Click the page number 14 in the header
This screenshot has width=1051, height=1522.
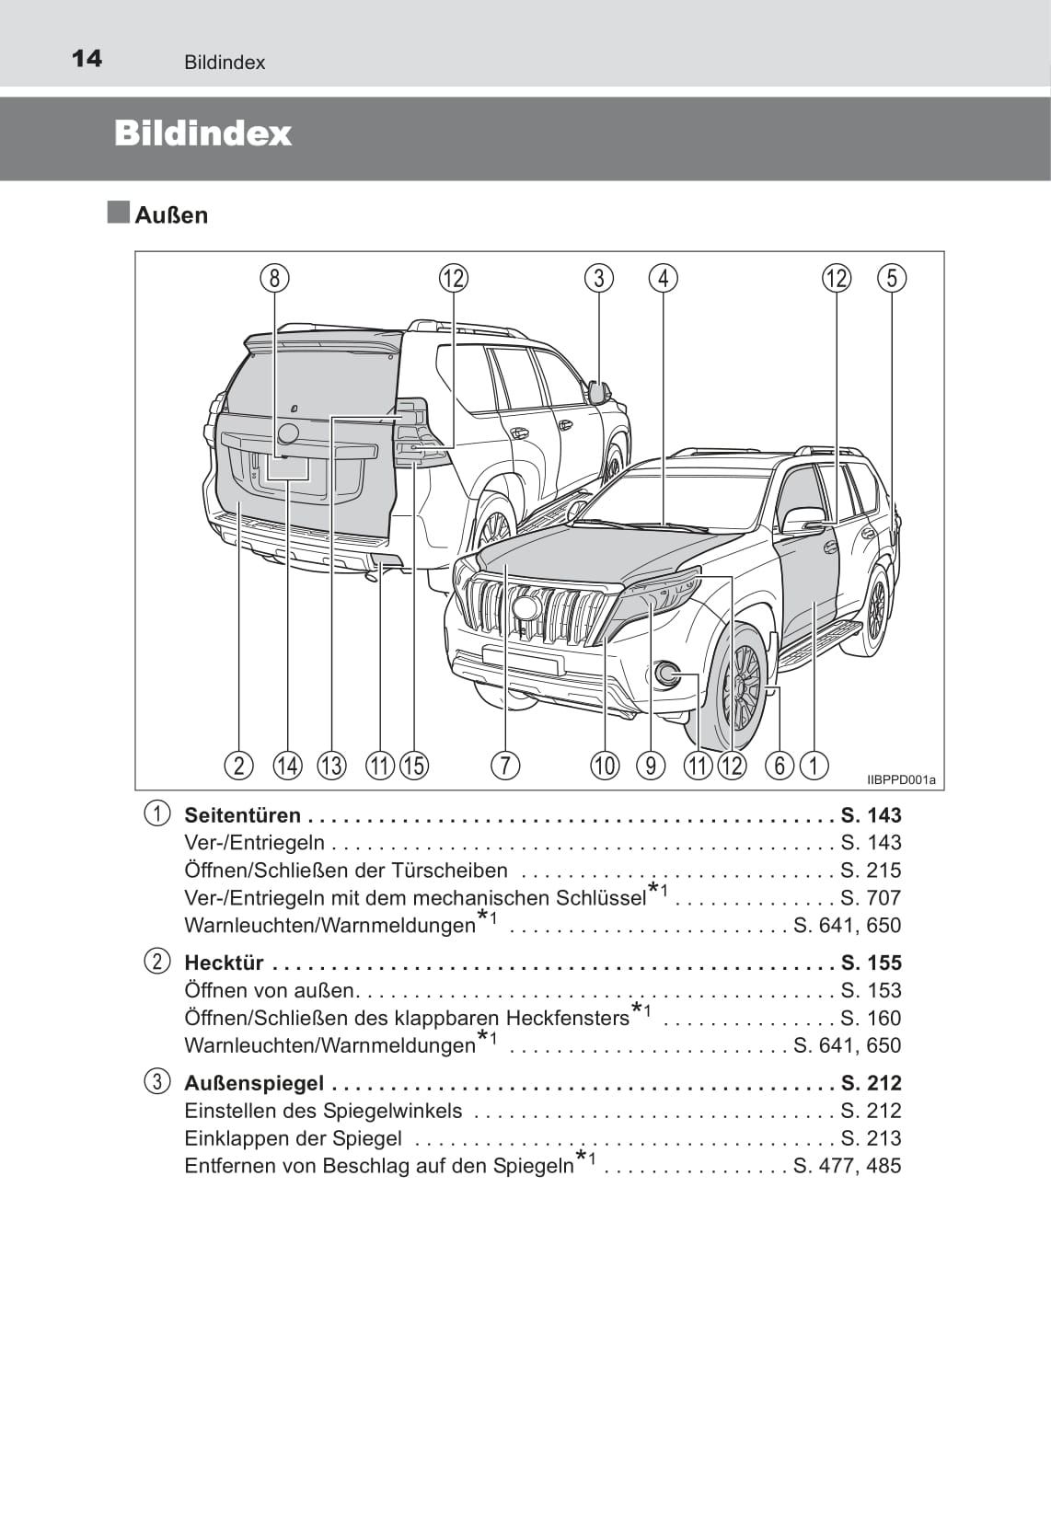tap(87, 59)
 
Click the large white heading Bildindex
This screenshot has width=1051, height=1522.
tap(202, 133)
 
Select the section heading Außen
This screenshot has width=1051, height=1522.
tap(171, 215)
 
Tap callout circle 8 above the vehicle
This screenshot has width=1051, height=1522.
tap(274, 278)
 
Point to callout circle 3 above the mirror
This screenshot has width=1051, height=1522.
tap(599, 278)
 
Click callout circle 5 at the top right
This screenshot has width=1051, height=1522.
tap(892, 278)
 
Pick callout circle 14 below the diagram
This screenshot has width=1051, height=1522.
tap(287, 765)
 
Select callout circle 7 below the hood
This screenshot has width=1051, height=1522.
tap(505, 765)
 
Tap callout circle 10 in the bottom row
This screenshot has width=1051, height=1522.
tap(605, 765)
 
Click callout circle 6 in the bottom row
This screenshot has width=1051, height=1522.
tap(780, 765)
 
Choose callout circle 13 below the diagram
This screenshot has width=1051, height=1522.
tap(331, 765)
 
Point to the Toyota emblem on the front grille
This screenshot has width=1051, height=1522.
tap(525, 607)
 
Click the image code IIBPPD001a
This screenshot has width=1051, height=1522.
tap(900, 780)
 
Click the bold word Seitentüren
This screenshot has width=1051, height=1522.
tap(243, 815)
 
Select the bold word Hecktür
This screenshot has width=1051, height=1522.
tap(225, 963)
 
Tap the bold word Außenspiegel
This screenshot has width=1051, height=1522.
tap(254, 1083)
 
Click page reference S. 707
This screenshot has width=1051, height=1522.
tap(871, 898)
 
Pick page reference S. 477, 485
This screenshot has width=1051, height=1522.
tap(848, 1166)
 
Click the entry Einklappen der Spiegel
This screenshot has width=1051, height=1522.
tap(293, 1138)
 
